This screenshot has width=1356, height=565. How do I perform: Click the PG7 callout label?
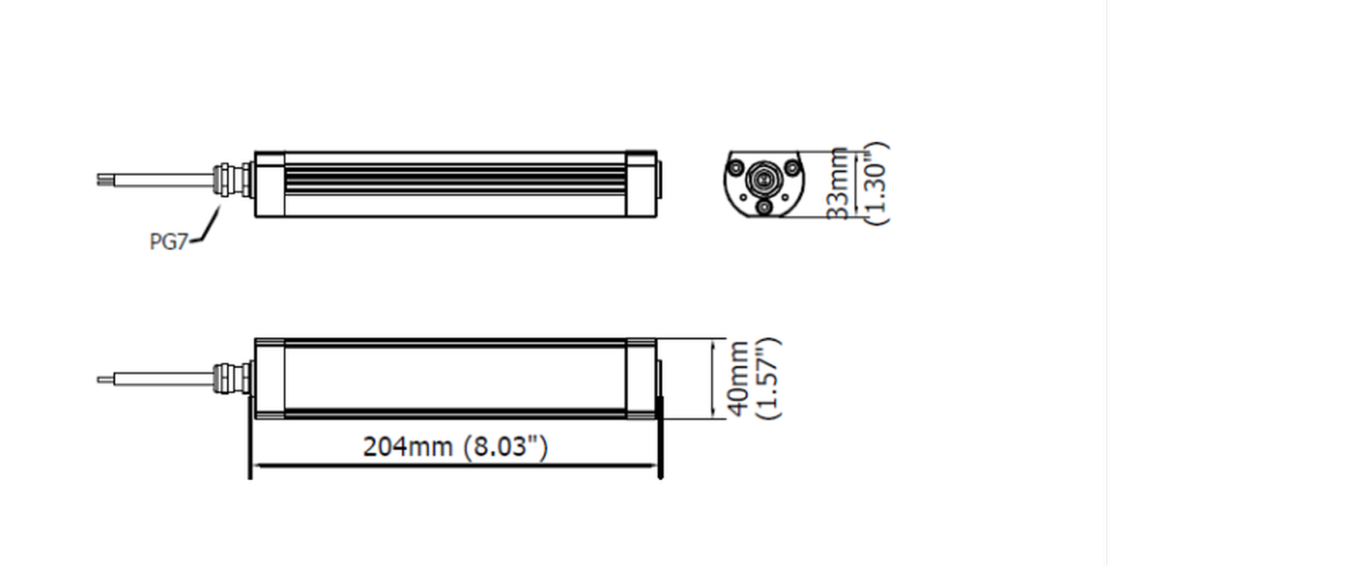(168, 242)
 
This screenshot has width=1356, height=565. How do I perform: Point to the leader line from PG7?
(207, 227)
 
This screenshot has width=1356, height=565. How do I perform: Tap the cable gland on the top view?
(233, 180)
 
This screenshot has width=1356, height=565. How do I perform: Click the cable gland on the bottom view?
(233, 378)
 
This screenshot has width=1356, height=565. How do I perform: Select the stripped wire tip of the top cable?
(105, 180)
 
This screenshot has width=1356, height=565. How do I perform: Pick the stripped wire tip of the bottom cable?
(105, 380)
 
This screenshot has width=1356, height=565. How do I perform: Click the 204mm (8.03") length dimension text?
(455, 447)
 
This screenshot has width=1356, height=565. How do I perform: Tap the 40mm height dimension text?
(738, 379)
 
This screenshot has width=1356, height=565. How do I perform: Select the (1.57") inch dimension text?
(768, 379)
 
